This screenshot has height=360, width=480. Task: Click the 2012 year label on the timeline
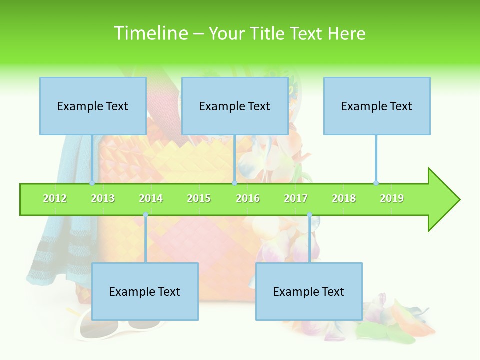55,198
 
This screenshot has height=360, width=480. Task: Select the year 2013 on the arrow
103,198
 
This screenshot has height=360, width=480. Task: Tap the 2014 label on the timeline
151,198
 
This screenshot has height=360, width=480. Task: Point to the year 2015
199,198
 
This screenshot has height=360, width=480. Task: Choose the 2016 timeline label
248,198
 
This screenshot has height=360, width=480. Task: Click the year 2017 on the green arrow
296,198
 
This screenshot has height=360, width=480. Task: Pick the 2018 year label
344,198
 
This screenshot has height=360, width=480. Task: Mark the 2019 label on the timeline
392,198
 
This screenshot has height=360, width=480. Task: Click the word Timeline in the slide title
150,33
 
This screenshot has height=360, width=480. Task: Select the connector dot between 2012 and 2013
92,183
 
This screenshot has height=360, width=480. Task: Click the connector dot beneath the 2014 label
145,215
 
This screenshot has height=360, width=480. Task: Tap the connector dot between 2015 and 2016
234,183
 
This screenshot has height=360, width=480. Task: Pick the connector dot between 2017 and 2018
309,215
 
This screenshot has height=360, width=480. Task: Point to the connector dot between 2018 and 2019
376,183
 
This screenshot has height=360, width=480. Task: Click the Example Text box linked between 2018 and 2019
377,106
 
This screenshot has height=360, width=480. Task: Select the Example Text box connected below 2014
145,291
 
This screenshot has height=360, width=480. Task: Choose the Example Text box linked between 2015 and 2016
235,106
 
